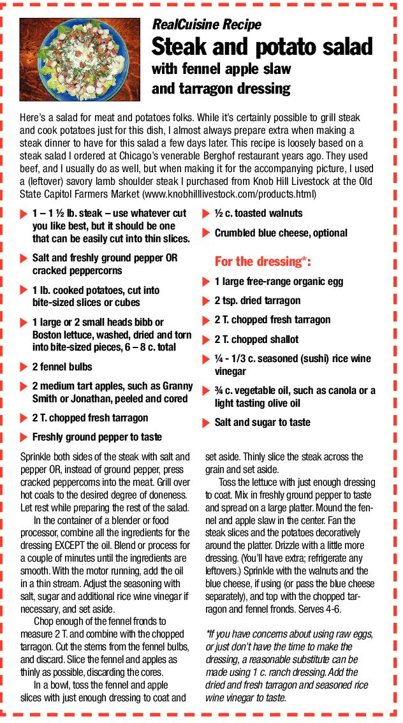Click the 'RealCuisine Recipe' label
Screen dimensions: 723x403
[x=206, y=25]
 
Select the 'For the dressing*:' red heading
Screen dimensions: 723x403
[x=262, y=261]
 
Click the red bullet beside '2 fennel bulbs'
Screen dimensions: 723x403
[x=24, y=367]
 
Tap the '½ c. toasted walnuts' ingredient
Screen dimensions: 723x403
[x=258, y=214]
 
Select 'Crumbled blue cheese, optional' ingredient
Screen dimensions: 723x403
[x=281, y=233]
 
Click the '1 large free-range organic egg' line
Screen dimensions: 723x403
[x=279, y=281]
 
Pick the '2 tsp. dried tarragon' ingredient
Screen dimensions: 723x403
[x=257, y=300]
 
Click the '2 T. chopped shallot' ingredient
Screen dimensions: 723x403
[x=256, y=339]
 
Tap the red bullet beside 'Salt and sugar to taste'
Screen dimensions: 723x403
[x=206, y=423]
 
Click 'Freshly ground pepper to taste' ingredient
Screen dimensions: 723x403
[x=97, y=437]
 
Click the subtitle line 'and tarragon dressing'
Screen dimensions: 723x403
[x=221, y=88]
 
